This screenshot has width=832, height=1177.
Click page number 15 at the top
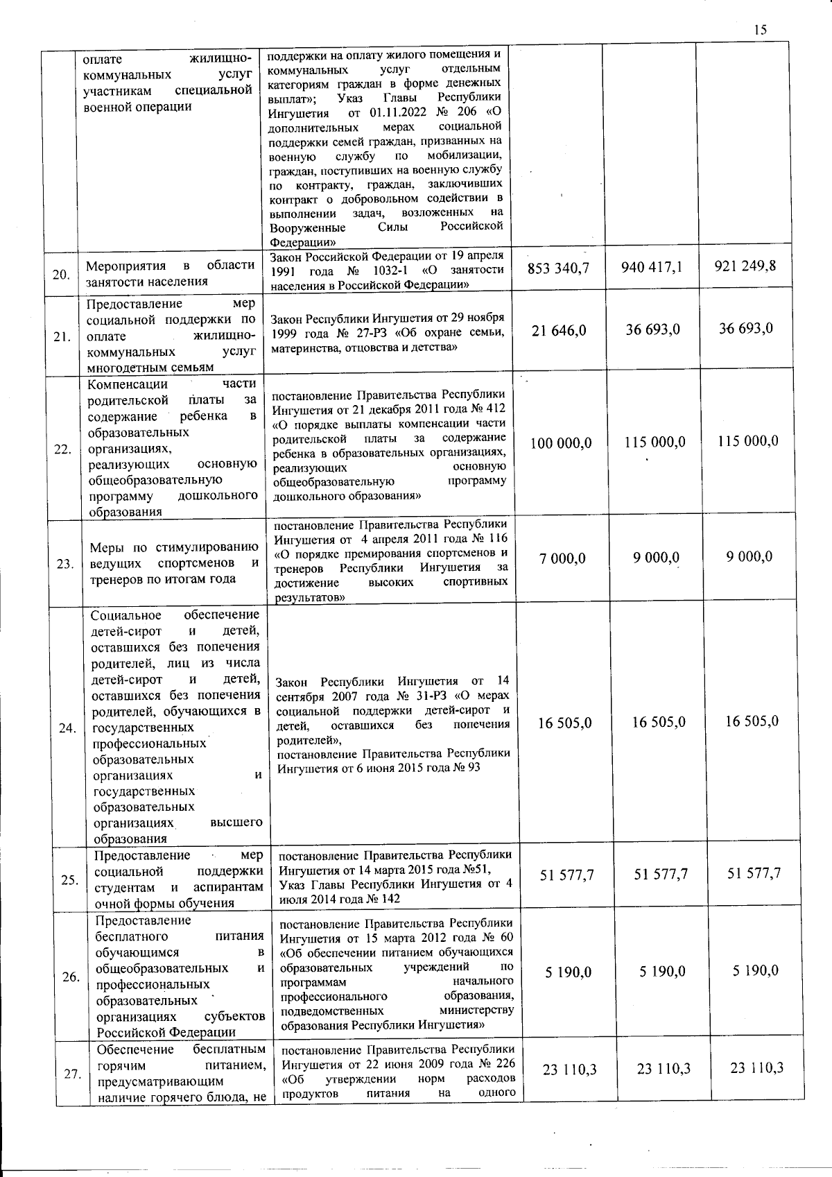(760, 29)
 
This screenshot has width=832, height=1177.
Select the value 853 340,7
(558, 267)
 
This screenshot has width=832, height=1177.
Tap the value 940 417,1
(651, 266)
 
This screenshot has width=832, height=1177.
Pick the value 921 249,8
(745, 266)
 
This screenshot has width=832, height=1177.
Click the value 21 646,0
(559, 331)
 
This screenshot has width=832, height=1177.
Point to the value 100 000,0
(561, 443)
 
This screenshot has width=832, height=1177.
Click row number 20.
(61, 275)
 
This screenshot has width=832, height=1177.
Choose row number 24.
(67, 728)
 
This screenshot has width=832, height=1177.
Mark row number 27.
(72, 1074)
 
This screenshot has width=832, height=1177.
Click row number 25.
(69, 880)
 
